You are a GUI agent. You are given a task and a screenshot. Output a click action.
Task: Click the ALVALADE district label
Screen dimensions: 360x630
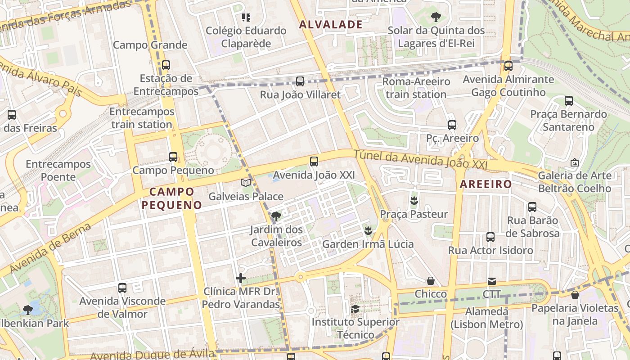coord(331,24)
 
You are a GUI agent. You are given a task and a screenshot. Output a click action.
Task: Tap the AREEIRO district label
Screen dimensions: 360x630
coord(486,184)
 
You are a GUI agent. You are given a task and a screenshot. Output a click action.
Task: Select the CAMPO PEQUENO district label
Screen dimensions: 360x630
coord(171,198)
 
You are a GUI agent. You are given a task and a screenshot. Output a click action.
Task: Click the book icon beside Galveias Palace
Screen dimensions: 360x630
coord(245,183)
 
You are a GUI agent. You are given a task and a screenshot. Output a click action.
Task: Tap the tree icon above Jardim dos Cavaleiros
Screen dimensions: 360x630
coord(276,216)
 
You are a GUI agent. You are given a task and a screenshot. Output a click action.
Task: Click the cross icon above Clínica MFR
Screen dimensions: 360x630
coord(241,278)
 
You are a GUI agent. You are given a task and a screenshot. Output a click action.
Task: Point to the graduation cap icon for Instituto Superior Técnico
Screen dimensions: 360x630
coord(355,309)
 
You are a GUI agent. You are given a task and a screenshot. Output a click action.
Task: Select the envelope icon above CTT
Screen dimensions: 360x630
coord(491,281)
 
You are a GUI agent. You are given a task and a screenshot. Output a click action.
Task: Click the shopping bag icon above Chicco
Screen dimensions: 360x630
coord(431,281)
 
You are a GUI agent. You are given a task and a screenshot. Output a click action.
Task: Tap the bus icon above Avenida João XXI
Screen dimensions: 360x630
coord(314,161)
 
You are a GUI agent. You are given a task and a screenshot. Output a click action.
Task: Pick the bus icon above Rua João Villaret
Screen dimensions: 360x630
coord(300,81)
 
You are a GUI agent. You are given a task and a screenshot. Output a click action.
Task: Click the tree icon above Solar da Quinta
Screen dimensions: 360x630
coord(436,17)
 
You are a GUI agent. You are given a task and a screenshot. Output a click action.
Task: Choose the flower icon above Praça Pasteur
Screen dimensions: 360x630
coord(414,200)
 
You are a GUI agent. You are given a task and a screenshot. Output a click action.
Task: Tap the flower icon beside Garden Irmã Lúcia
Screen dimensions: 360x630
coord(368,231)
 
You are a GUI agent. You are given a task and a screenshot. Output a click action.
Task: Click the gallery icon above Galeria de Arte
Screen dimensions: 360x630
coord(574,162)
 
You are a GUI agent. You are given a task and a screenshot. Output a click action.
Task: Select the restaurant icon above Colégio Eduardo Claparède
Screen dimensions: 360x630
coord(246,18)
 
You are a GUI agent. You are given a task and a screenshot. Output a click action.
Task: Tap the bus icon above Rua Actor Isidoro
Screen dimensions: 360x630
coord(490,237)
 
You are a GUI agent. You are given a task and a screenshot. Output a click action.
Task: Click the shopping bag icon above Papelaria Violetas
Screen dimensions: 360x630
coord(575,295)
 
